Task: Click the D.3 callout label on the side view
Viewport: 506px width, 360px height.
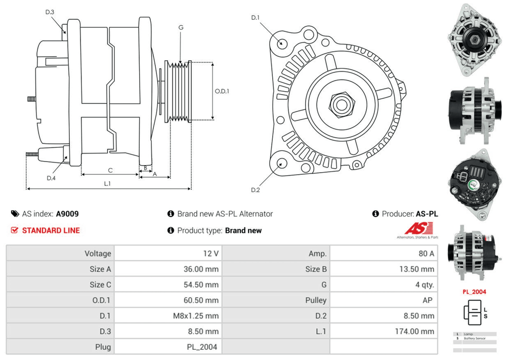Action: point(49,12)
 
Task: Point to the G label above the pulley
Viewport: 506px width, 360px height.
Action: point(181,27)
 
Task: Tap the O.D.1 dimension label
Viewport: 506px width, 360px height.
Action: point(222,91)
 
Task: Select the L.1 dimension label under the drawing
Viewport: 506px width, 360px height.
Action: point(107,183)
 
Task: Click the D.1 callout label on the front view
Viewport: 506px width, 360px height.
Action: point(255,18)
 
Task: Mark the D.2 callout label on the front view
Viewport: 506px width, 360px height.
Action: point(255,190)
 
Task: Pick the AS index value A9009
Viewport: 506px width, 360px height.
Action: point(67,214)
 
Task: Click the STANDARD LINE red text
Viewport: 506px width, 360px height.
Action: point(51,230)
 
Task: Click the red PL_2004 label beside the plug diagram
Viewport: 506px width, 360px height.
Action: point(474,292)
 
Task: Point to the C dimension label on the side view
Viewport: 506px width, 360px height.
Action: point(110,170)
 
